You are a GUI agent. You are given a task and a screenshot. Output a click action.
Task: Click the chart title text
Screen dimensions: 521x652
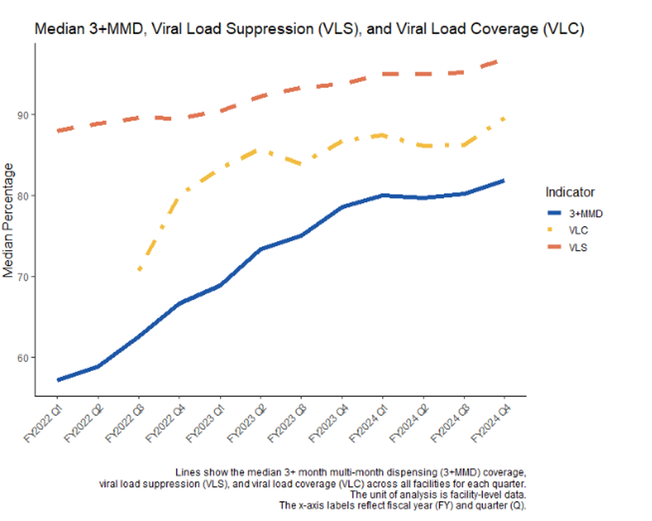click(x=310, y=29)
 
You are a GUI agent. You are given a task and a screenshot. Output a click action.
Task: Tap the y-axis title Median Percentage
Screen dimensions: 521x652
click(x=9, y=220)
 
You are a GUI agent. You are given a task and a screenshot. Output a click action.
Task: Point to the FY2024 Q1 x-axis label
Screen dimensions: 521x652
click(x=370, y=425)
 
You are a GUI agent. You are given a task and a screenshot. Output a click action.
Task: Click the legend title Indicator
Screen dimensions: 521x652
click(x=570, y=192)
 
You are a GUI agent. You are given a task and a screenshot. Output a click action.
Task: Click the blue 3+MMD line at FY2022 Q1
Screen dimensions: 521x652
click(x=58, y=380)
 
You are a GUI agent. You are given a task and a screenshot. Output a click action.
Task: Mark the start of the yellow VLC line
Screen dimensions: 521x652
click(x=139, y=270)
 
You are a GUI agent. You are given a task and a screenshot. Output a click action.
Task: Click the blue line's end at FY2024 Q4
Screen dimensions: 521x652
click(x=503, y=180)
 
